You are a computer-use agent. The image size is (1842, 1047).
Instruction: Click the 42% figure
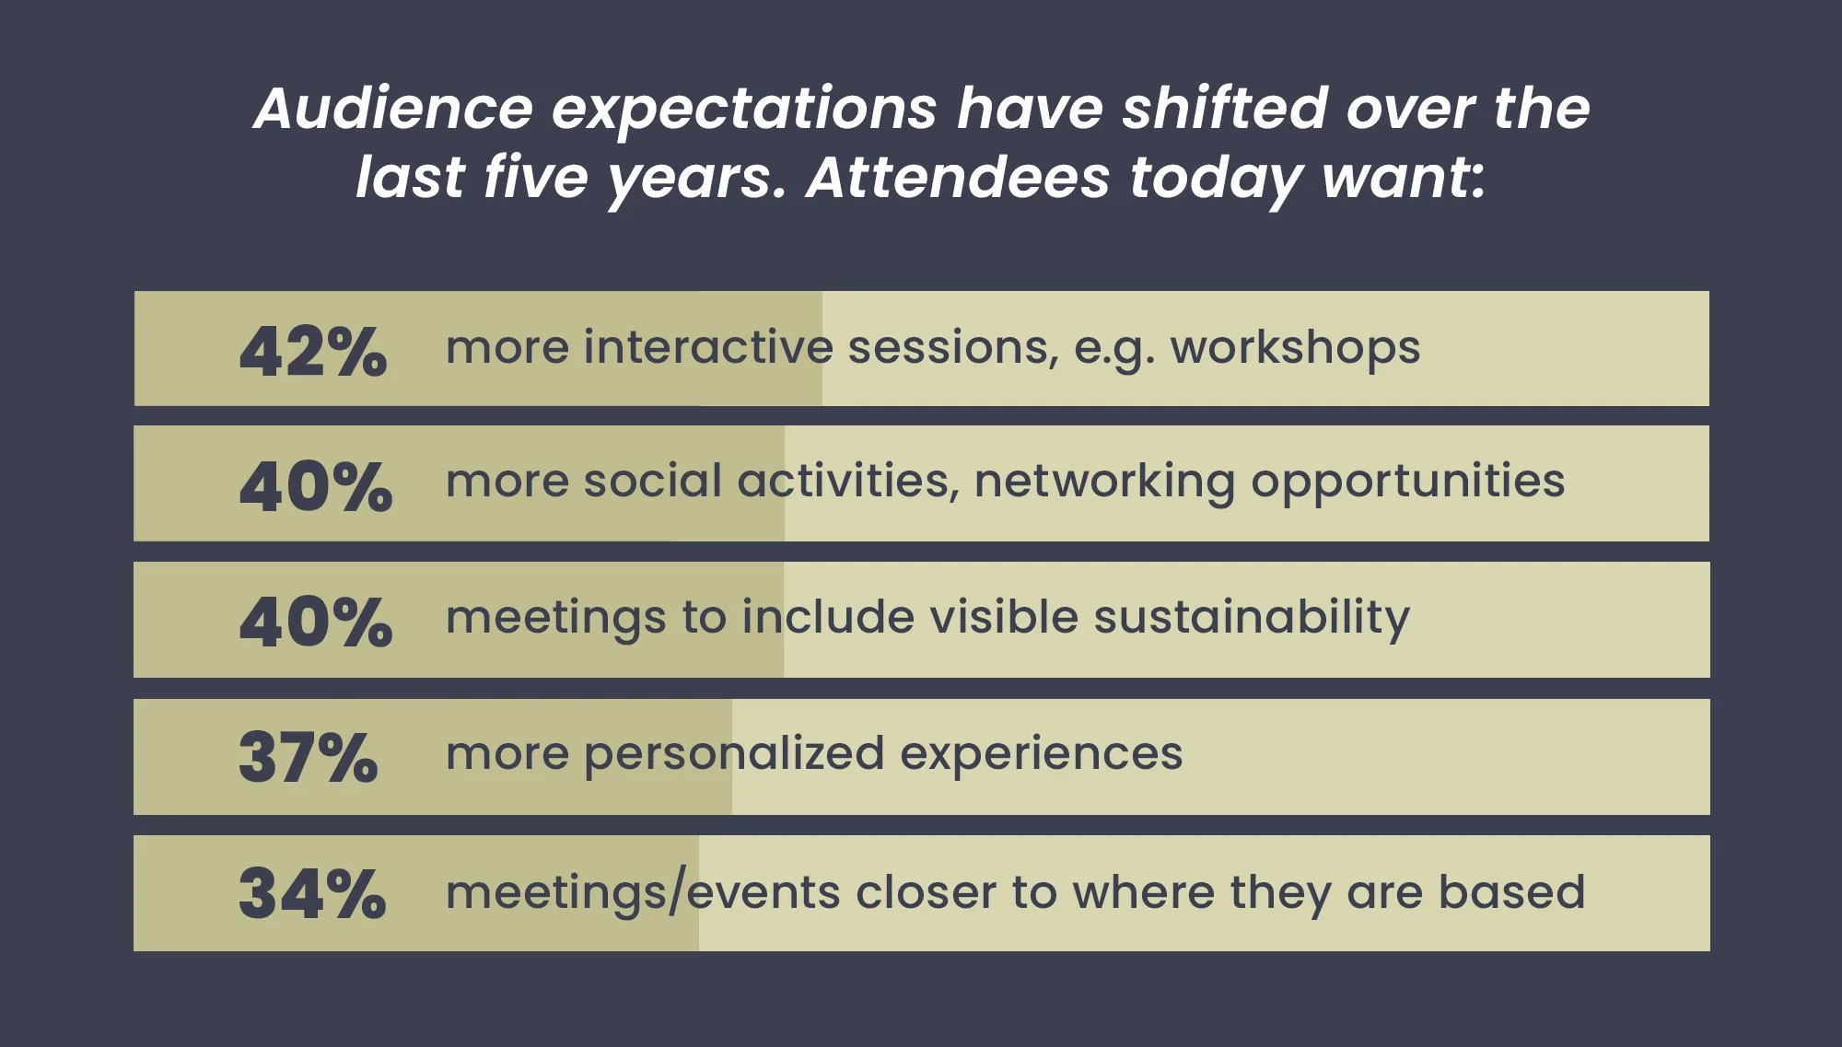click(313, 352)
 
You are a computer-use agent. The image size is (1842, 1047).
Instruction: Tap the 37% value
click(309, 758)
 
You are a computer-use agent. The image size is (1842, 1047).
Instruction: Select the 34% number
click(312, 894)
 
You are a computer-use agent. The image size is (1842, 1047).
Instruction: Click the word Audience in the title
click(393, 109)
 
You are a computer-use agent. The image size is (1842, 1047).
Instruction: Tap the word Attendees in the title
click(958, 177)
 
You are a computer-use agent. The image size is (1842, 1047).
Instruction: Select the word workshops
click(1295, 348)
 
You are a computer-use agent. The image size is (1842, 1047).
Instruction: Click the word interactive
click(708, 347)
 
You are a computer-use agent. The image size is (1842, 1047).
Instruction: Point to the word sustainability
click(1252, 618)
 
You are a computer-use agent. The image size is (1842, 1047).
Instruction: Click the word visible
click(1004, 616)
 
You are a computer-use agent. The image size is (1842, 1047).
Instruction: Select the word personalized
click(734, 754)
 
